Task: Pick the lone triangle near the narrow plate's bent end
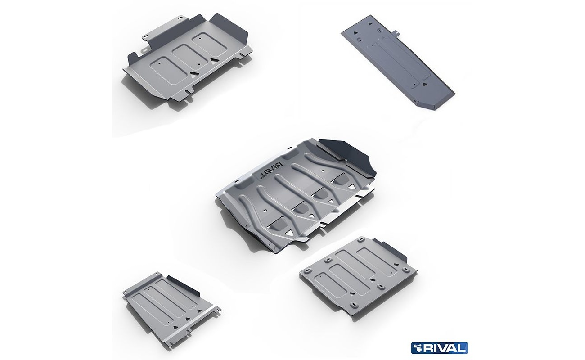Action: [425, 84]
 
